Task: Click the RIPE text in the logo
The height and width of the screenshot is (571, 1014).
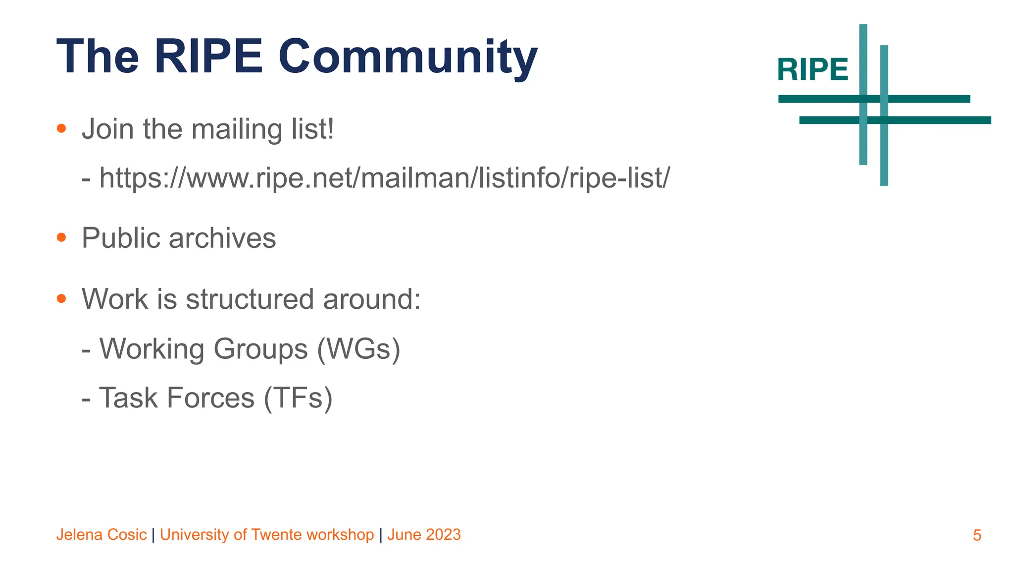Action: coord(812,69)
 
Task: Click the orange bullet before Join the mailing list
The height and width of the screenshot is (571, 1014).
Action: coord(61,129)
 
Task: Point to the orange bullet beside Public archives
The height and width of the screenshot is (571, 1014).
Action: coord(61,238)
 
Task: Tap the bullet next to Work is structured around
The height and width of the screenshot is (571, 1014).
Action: coord(61,299)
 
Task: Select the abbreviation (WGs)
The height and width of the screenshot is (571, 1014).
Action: coord(358,349)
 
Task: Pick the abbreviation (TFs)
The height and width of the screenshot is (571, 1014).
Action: coord(298,398)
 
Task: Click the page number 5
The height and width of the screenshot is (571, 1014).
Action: coord(977,535)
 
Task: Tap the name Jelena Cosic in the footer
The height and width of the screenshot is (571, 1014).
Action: coord(101,535)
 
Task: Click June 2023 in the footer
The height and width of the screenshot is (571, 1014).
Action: coord(424,535)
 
